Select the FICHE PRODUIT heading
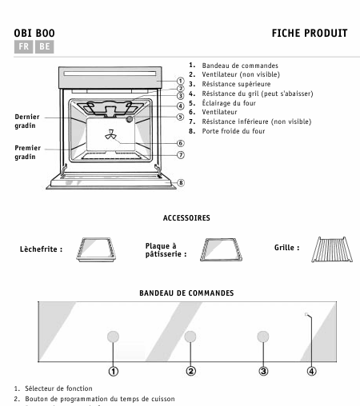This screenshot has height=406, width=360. pos(310,34)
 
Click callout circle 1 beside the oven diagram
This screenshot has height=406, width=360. pos(181,81)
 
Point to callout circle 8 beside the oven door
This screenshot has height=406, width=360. pos(181,182)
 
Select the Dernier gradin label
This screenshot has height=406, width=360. pos(27,121)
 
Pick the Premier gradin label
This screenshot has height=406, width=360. pos(27,153)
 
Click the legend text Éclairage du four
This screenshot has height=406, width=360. pos(232,103)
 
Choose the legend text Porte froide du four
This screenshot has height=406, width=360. pos(238,130)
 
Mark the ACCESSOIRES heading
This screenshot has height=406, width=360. pos(186,217)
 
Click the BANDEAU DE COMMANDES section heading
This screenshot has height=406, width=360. pos(186,293)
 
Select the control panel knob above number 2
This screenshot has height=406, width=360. pos(190,336)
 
